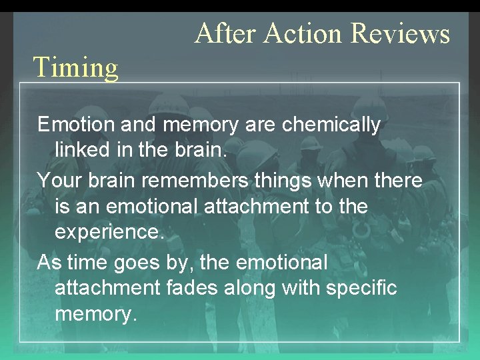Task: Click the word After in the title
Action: [224, 33]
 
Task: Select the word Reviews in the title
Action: [400, 33]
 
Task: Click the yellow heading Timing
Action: [75, 67]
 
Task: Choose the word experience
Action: [109, 233]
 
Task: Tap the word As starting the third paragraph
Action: [49, 263]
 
